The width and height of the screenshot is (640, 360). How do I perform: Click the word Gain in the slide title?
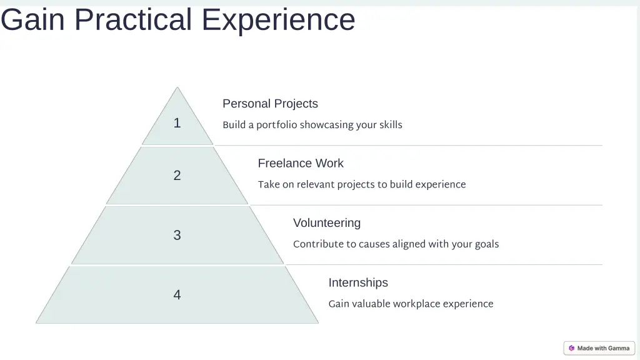(32, 19)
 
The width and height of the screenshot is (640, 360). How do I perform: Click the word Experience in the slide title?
(278, 19)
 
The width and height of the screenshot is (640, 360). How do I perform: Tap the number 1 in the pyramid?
(177, 123)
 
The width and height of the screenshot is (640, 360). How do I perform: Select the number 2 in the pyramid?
(177, 176)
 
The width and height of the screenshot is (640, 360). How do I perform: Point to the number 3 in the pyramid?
(177, 235)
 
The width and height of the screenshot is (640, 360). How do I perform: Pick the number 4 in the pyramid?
(177, 295)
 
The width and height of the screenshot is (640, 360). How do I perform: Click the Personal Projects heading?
(270, 104)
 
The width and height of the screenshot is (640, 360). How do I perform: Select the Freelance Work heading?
(301, 163)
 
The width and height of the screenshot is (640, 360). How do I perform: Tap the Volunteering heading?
(327, 223)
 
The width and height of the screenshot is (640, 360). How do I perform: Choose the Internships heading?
(358, 282)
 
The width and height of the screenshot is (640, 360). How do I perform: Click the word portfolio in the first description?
(276, 125)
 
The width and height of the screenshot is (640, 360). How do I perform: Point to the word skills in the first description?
(391, 125)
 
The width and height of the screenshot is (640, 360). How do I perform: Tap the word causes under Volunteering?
(374, 244)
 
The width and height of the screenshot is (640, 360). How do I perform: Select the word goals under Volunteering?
(487, 244)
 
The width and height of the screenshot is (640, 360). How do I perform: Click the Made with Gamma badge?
(599, 348)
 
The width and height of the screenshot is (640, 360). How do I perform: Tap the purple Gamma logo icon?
(571, 348)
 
